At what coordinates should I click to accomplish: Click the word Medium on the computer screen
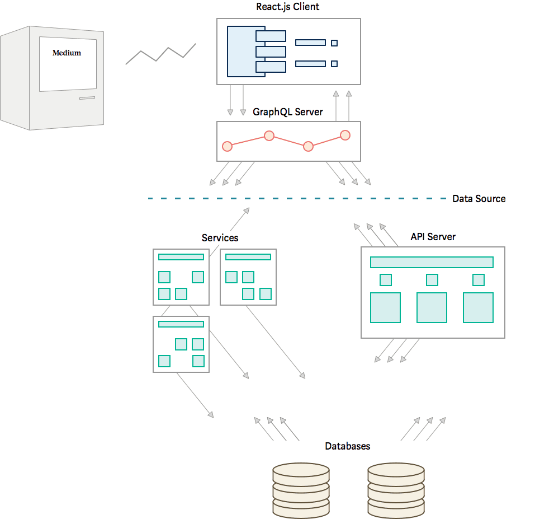(x=67, y=53)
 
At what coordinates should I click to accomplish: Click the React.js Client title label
(x=287, y=7)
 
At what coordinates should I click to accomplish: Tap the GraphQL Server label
(x=287, y=112)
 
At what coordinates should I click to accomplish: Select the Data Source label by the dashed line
(x=479, y=199)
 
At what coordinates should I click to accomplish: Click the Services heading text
(x=220, y=238)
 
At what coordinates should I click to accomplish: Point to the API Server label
(x=433, y=237)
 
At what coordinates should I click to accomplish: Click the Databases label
(x=347, y=446)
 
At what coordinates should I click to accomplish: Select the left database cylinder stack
(x=301, y=490)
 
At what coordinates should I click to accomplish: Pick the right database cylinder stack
(x=396, y=490)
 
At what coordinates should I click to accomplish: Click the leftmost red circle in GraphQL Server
(x=227, y=146)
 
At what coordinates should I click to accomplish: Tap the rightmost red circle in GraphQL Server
(x=345, y=135)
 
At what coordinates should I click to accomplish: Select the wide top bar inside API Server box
(x=432, y=262)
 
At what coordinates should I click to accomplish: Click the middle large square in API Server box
(x=432, y=307)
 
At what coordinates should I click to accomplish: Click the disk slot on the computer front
(x=87, y=99)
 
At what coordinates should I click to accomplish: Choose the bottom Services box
(x=181, y=344)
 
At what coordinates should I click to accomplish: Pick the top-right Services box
(x=248, y=277)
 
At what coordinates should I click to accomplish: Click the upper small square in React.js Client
(x=334, y=43)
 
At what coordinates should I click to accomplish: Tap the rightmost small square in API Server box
(x=478, y=280)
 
